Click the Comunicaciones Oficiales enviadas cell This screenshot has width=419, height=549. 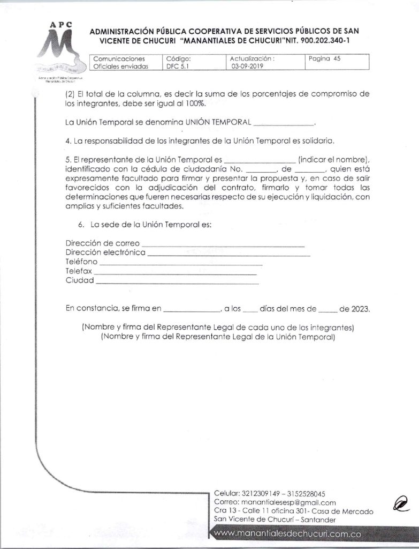(119, 63)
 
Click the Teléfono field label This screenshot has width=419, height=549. (81, 262)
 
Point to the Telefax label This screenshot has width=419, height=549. (79, 271)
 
